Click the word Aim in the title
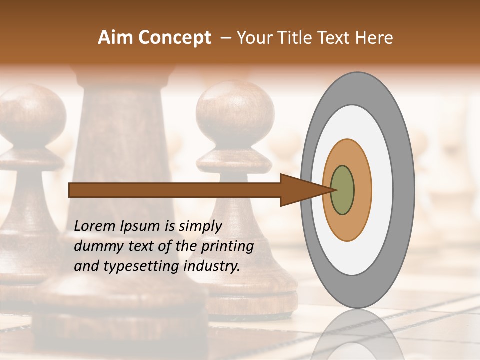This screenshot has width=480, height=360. [116, 38]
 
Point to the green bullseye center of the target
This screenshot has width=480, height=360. [343, 190]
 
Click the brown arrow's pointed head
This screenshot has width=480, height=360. [305, 190]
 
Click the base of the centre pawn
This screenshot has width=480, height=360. [250, 300]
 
